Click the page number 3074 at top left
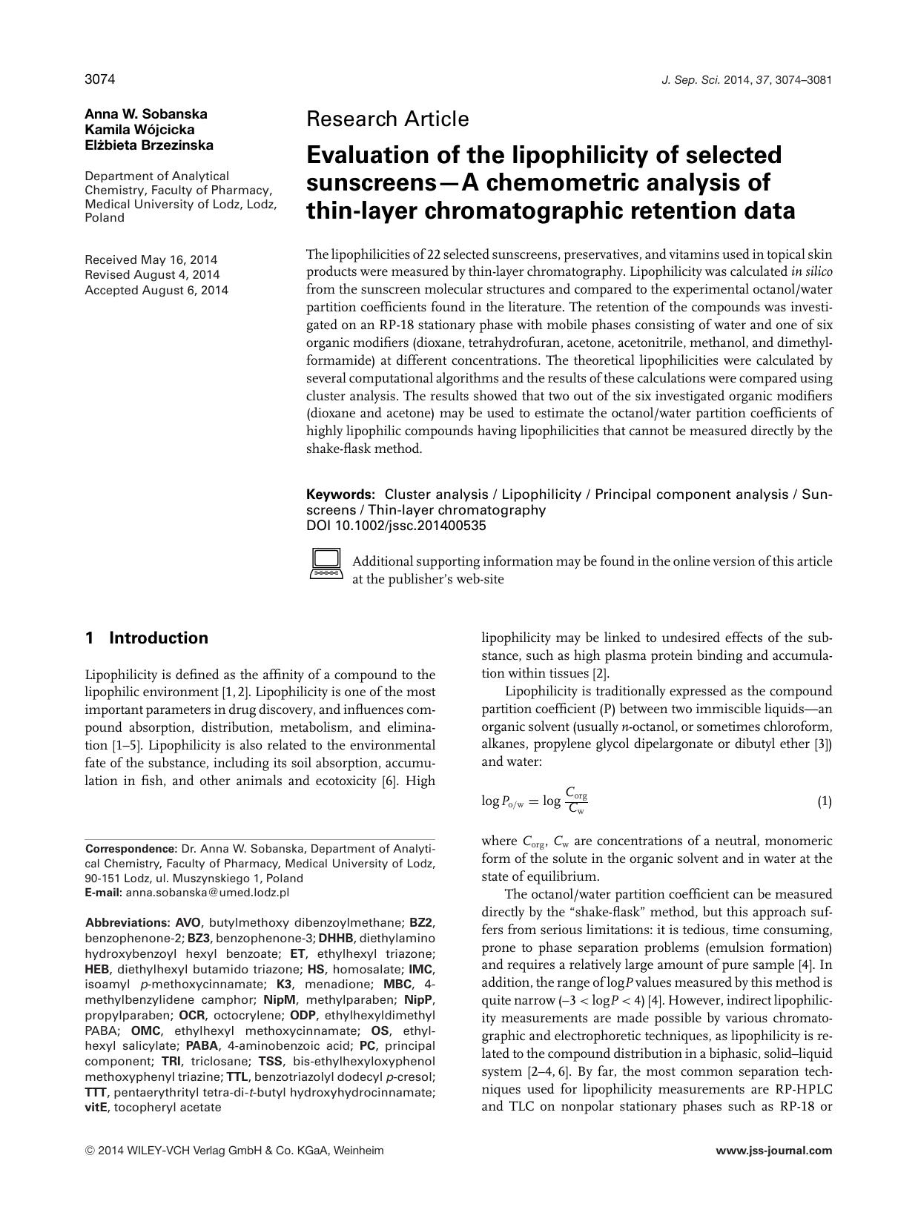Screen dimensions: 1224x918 click(99, 79)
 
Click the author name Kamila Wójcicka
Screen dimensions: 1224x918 click(139, 130)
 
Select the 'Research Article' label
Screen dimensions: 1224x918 click(387, 119)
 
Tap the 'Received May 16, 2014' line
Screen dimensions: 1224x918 click(151, 259)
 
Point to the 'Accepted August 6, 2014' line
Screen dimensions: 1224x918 click(156, 291)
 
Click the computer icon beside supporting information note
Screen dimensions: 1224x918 click(325, 563)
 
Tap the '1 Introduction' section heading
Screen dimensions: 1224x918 click(147, 638)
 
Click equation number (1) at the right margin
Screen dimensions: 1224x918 click(824, 801)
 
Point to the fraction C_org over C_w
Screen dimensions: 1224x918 click(575, 801)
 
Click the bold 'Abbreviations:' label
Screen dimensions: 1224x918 click(128, 923)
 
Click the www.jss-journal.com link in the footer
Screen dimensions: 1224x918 click(773, 1151)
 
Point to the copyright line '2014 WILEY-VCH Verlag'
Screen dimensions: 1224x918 click(235, 1151)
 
